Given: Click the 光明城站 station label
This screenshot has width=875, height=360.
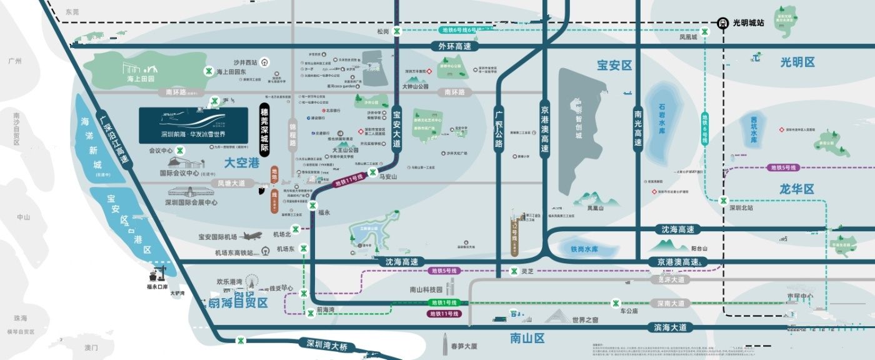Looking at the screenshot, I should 748,22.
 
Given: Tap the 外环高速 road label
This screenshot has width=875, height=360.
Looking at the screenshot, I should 454,46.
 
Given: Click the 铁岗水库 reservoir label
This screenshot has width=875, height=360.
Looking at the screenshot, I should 584,249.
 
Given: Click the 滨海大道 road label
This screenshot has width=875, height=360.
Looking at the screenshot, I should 669,327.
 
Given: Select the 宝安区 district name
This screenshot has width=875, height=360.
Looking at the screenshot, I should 614,66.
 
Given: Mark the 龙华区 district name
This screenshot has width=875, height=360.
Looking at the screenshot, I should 797,189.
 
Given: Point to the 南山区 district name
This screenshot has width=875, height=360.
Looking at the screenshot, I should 527,339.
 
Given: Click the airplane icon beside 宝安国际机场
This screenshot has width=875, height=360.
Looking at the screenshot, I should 251,236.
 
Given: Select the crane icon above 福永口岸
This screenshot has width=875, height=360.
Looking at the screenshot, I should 156,273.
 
